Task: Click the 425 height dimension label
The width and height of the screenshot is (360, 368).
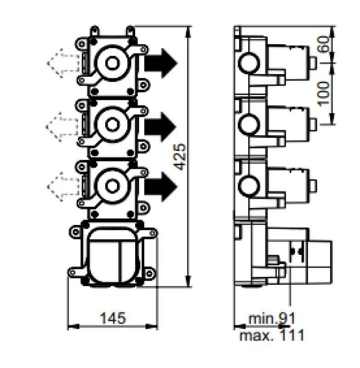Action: tap(182, 156)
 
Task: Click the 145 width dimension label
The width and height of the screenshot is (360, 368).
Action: tap(113, 317)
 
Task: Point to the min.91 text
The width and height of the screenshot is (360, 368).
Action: tap(272, 318)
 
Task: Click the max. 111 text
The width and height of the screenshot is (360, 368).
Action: tap(272, 335)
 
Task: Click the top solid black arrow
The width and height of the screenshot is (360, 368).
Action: tap(161, 61)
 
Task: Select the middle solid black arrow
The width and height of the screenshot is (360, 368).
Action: tap(161, 124)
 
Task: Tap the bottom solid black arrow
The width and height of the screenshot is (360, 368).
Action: tap(161, 186)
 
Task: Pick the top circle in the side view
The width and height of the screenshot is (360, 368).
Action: tap(249, 61)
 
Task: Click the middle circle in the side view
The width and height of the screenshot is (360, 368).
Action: tap(249, 123)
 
